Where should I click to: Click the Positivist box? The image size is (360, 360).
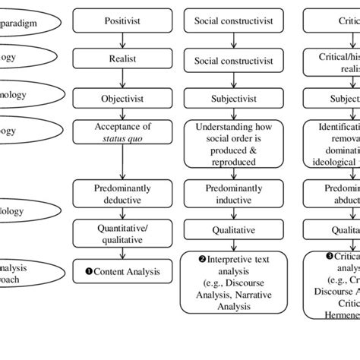pyautogui.click(x=123, y=21)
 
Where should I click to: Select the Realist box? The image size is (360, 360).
pyautogui.click(x=123, y=58)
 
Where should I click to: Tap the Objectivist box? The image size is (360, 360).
pyautogui.click(x=123, y=99)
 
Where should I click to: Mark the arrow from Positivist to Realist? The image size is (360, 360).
pyautogui.click(x=123, y=39)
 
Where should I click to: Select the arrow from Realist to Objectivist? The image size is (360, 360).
pyautogui.click(x=123, y=78)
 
